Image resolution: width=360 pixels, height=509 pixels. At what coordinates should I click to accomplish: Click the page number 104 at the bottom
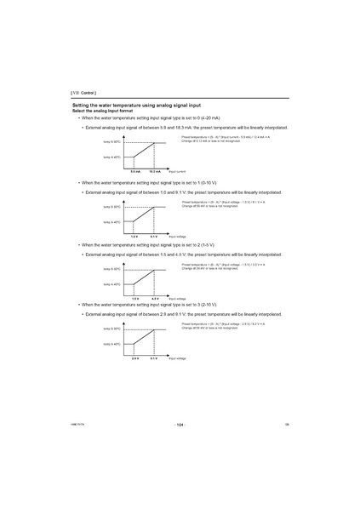180,424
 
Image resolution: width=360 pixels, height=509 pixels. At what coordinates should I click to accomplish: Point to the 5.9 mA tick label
134,171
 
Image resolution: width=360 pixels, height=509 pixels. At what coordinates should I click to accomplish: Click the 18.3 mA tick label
155,171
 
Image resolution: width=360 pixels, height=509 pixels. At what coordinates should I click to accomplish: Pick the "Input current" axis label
177,171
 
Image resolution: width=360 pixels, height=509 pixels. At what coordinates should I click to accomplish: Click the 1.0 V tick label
134,236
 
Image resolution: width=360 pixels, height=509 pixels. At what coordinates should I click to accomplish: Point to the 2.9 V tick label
134,358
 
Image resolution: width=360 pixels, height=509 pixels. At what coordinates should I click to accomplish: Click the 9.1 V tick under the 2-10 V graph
155,358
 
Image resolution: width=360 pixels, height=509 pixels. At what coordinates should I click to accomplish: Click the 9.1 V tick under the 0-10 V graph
155,236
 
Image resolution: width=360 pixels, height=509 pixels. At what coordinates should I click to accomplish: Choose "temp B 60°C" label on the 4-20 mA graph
111,141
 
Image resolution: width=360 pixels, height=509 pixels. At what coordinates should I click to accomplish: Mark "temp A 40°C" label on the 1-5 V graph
111,284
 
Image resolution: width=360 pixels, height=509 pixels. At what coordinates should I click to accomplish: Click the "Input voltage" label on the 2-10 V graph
177,358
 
